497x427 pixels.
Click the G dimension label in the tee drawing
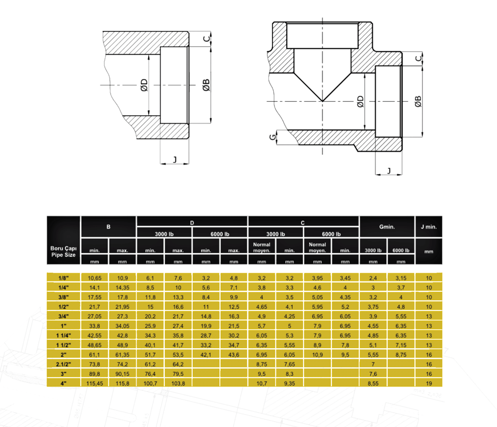pyautogui.click(x=272, y=137)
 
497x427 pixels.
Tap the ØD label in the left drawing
pyautogui.click(x=144, y=85)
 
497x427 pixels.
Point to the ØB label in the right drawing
pyautogui.click(x=418, y=101)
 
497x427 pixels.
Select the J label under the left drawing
pyautogui.click(x=174, y=159)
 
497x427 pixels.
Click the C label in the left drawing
pyautogui.click(x=206, y=39)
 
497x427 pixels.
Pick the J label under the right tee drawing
pyautogui.click(x=389, y=171)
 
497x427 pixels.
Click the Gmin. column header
pyautogui.click(x=387, y=227)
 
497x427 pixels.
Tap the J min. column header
pyautogui.click(x=428, y=227)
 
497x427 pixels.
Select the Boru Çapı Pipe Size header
pyautogui.click(x=64, y=252)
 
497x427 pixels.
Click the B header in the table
pyautogui.click(x=108, y=227)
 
